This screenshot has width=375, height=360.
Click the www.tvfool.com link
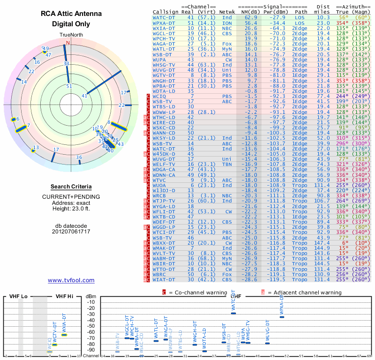click(71, 280)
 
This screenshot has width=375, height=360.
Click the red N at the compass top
click(67, 43)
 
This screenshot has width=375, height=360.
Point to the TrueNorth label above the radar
click(71, 35)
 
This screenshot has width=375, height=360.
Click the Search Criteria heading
click(71, 187)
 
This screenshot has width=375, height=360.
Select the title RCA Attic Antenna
click(71, 14)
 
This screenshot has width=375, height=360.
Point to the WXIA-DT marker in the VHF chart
click(64, 335)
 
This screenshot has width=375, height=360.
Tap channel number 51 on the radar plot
click(69, 86)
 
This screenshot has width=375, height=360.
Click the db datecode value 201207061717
click(71, 232)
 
